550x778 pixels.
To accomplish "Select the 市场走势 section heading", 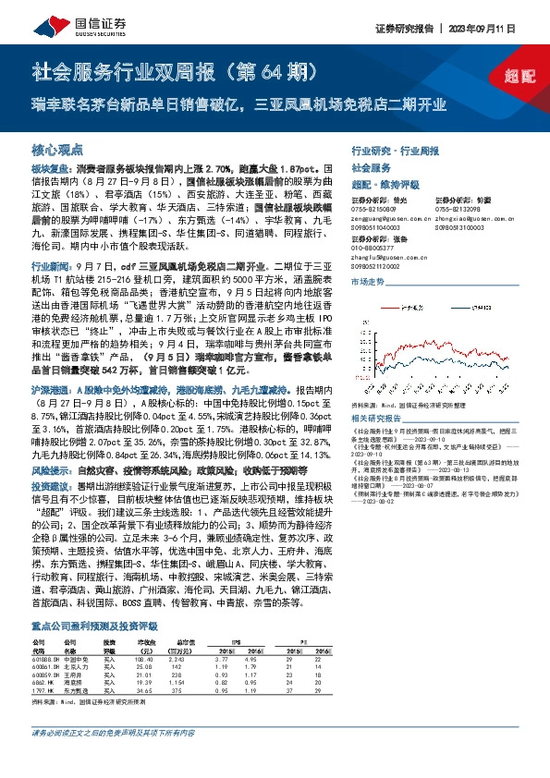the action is click(366, 277).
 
